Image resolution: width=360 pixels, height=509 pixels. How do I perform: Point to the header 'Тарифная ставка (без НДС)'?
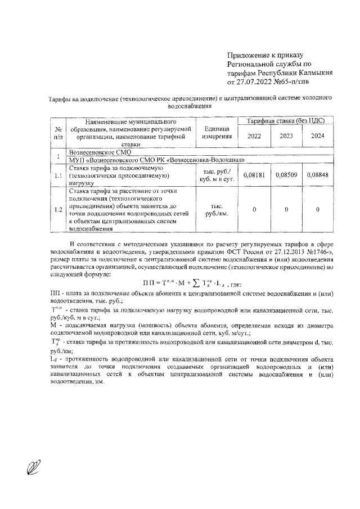point(285,121)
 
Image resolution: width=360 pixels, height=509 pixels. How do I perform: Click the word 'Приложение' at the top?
point(246,55)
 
